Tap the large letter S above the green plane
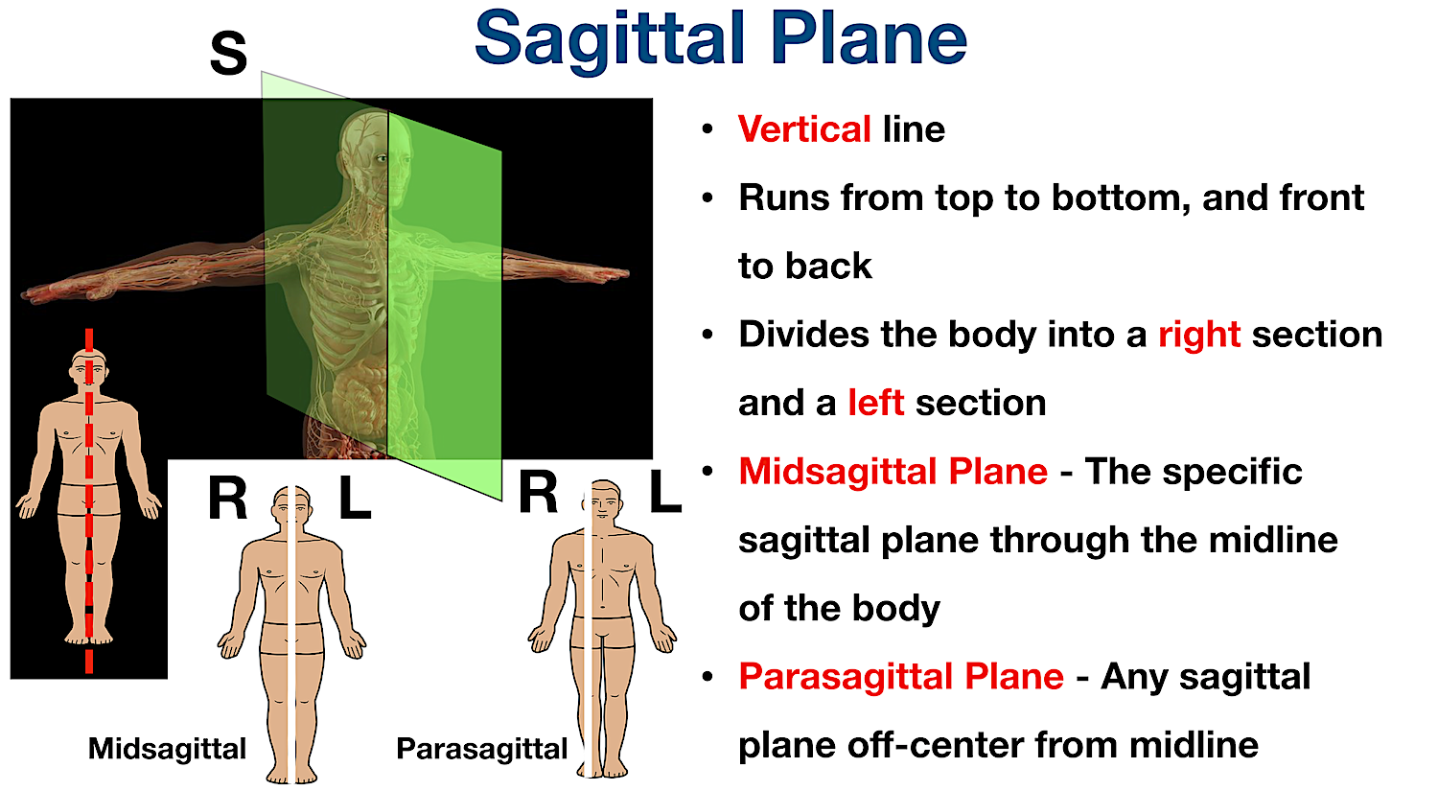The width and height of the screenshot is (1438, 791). (x=228, y=54)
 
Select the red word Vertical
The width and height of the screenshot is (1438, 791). (x=804, y=129)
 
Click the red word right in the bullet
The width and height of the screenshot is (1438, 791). (x=1199, y=335)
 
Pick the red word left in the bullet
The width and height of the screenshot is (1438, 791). (x=875, y=403)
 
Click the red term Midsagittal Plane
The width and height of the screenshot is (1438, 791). (x=893, y=472)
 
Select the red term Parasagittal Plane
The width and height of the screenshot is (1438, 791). (x=901, y=677)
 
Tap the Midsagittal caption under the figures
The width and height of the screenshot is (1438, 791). (x=167, y=749)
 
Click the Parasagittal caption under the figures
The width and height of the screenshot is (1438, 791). (x=481, y=749)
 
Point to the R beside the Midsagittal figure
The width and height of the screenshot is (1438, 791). (x=227, y=500)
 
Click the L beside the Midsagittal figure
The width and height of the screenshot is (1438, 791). (x=355, y=500)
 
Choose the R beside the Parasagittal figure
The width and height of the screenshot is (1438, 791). (x=538, y=495)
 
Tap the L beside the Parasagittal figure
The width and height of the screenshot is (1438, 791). (x=664, y=493)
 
